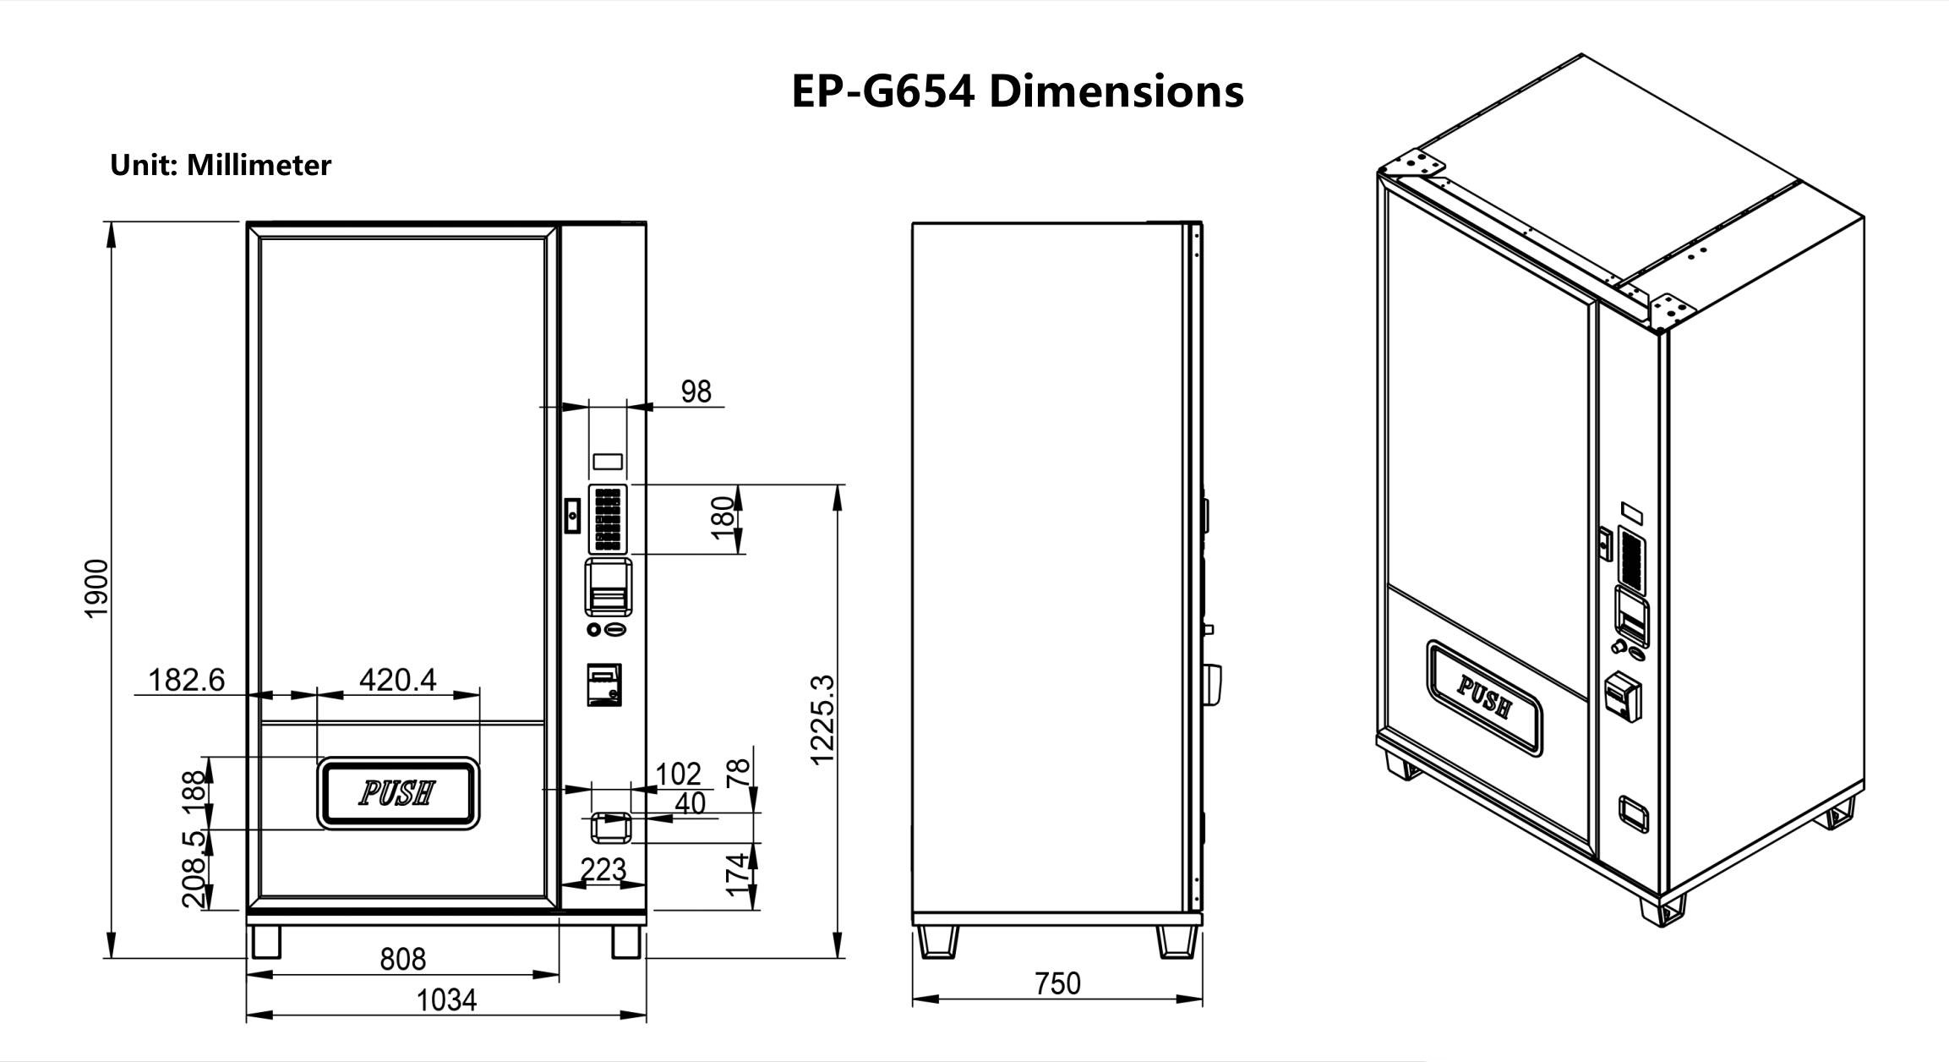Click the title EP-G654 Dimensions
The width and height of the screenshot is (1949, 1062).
tap(1017, 90)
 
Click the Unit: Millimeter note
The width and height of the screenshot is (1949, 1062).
tap(221, 165)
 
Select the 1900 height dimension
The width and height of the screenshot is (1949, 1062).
tap(97, 588)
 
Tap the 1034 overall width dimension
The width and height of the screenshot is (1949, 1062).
tap(446, 1000)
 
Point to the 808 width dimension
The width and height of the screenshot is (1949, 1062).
tap(402, 959)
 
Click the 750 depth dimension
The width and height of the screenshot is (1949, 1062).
tap(1057, 983)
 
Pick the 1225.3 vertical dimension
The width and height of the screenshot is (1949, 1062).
tap(822, 720)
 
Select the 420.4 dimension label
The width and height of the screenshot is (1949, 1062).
tap(397, 679)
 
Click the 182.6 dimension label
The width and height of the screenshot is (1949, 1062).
tap(187, 679)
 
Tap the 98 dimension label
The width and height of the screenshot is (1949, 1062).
tap(696, 391)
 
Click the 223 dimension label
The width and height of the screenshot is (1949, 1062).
tap(603, 869)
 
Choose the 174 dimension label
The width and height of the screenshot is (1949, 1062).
tap(738, 874)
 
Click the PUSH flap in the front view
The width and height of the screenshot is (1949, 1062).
tap(398, 793)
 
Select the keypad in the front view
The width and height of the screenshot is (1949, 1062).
tap(608, 518)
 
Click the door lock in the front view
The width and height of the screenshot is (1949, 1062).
tap(572, 515)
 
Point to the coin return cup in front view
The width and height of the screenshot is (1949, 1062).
tap(609, 827)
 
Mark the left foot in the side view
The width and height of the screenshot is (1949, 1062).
tap(937, 941)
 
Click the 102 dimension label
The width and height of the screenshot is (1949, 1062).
tap(679, 774)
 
